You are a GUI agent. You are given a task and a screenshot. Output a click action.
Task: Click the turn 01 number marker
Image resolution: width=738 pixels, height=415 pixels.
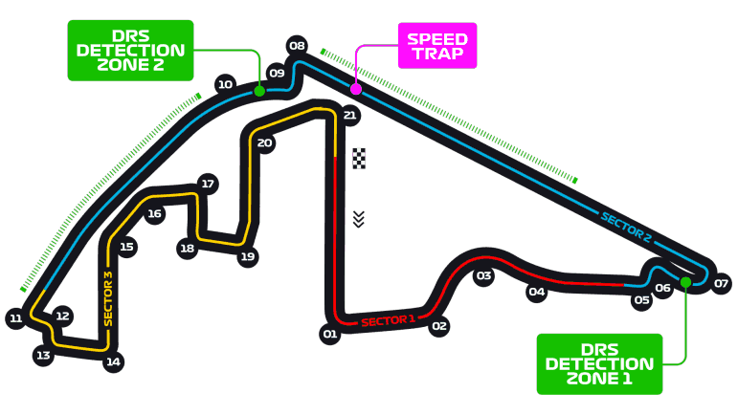[x=330, y=334]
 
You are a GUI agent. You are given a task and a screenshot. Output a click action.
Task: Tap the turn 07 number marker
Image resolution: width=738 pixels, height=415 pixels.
[x=721, y=283]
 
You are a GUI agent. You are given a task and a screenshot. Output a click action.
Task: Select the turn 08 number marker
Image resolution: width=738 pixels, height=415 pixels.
[x=297, y=46]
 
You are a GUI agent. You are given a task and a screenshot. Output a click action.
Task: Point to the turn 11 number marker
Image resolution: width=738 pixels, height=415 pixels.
[x=16, y=318]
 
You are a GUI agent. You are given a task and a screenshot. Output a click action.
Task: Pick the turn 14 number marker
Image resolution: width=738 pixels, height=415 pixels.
[x=114, y=361]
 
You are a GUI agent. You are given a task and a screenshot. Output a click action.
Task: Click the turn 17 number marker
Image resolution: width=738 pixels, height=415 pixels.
[x=208, y=184]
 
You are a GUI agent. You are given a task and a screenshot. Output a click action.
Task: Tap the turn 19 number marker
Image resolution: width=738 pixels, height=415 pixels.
[x=248, y=256]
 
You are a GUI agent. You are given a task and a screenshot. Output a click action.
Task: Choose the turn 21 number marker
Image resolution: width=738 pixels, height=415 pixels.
[x=349, y=115]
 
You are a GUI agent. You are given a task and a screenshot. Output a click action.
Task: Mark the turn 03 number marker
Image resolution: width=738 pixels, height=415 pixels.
[x=483, y=276]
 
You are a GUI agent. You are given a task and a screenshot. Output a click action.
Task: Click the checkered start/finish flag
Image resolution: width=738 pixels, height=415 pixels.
[x=359, y=159]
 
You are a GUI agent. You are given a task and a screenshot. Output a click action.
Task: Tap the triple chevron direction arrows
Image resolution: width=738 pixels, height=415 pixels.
[x=359, y=219]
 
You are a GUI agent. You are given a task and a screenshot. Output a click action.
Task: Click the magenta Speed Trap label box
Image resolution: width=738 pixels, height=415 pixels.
[x=437, y=46]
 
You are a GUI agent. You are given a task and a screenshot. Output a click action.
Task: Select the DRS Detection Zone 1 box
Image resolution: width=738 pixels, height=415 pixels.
[x=599, y=363]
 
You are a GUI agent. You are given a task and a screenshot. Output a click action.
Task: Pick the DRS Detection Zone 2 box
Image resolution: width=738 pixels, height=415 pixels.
[x=130, y=51]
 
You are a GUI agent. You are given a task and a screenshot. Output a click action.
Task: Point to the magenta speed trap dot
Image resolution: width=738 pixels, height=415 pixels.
[x=356, y=89]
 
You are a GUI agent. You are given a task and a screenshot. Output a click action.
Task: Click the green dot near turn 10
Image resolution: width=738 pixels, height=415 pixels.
[x=259, y=91]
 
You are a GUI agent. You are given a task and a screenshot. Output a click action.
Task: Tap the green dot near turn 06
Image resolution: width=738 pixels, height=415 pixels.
[x=685, y=282]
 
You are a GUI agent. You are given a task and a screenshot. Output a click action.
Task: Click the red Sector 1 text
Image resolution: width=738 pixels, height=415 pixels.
[x=389, y=321]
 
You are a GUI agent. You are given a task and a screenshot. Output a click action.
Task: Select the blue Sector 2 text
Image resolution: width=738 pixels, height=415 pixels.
[x=626, y=228]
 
